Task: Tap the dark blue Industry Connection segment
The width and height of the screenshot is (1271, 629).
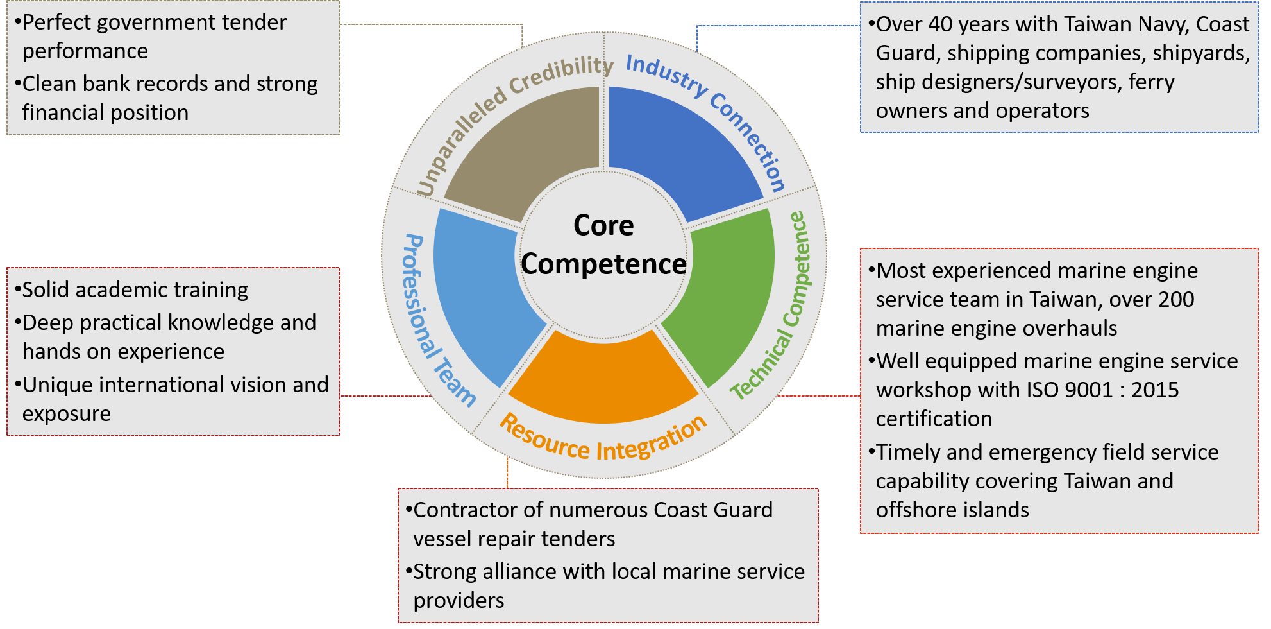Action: pyautogui.click(x=680, y=148)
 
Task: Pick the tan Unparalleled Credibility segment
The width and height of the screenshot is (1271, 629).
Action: pyautogui.click(x=526, y=148)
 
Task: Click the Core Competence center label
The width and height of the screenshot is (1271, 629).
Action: pyautogui.click(x=603, y=245)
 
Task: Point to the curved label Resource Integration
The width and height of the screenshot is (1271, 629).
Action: pyautogui.click(x=603, y=440)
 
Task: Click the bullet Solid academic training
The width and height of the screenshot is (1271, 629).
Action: pyautogui.click(x=131, y=290)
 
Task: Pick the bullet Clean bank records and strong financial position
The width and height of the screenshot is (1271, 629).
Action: pyautogui.click(x=166, y=98)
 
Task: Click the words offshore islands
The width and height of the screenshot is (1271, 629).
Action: pyautogui.click(x=952, y=510)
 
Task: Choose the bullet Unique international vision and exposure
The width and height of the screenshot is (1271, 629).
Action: pyautogui.click(x=171, y=399)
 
